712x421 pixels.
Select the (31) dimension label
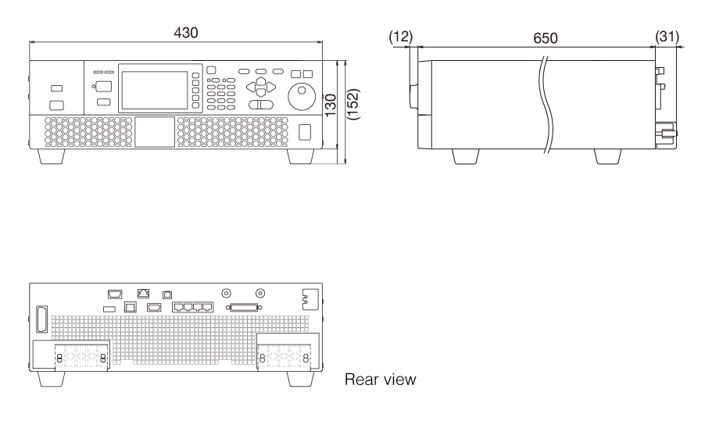pyautogui.click(x=667, y=36)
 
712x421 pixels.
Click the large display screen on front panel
pyautogui.click(x=155, y=90)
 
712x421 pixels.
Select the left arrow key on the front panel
pyautogui.click(x=251, y=87)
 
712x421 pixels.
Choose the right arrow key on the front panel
pyautogui.click(x=270, y=87)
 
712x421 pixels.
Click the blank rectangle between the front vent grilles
pyautogui.click(x=154, y=131)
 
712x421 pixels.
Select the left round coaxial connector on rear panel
pyautogui.click(x=227, y=294)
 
